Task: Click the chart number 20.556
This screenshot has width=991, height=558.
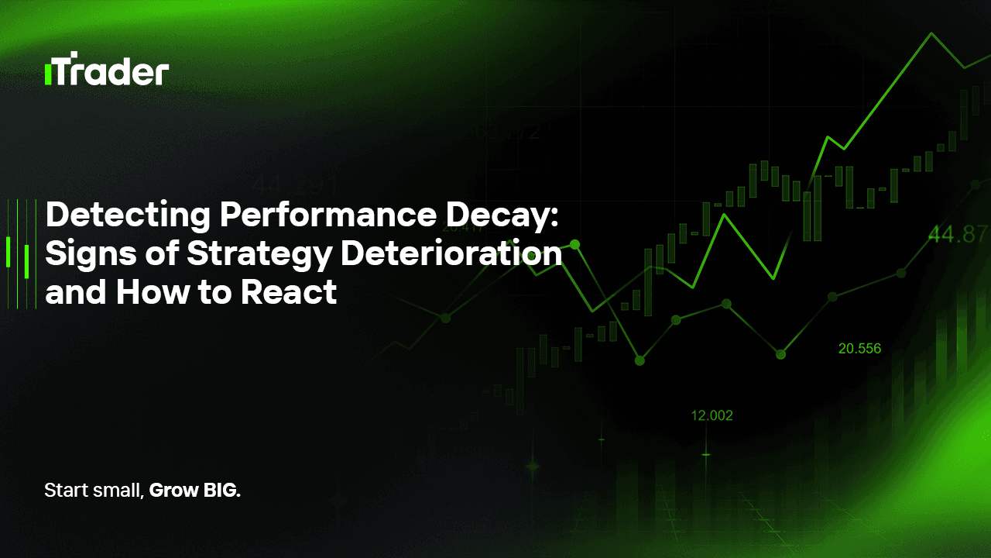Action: pos(859,349)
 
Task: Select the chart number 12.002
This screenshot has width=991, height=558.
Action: pos(712,415)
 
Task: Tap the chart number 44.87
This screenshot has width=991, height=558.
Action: pos(959,235)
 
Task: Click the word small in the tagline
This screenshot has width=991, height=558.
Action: pos(114,491)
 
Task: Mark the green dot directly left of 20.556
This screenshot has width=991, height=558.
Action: pos(780,354)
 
